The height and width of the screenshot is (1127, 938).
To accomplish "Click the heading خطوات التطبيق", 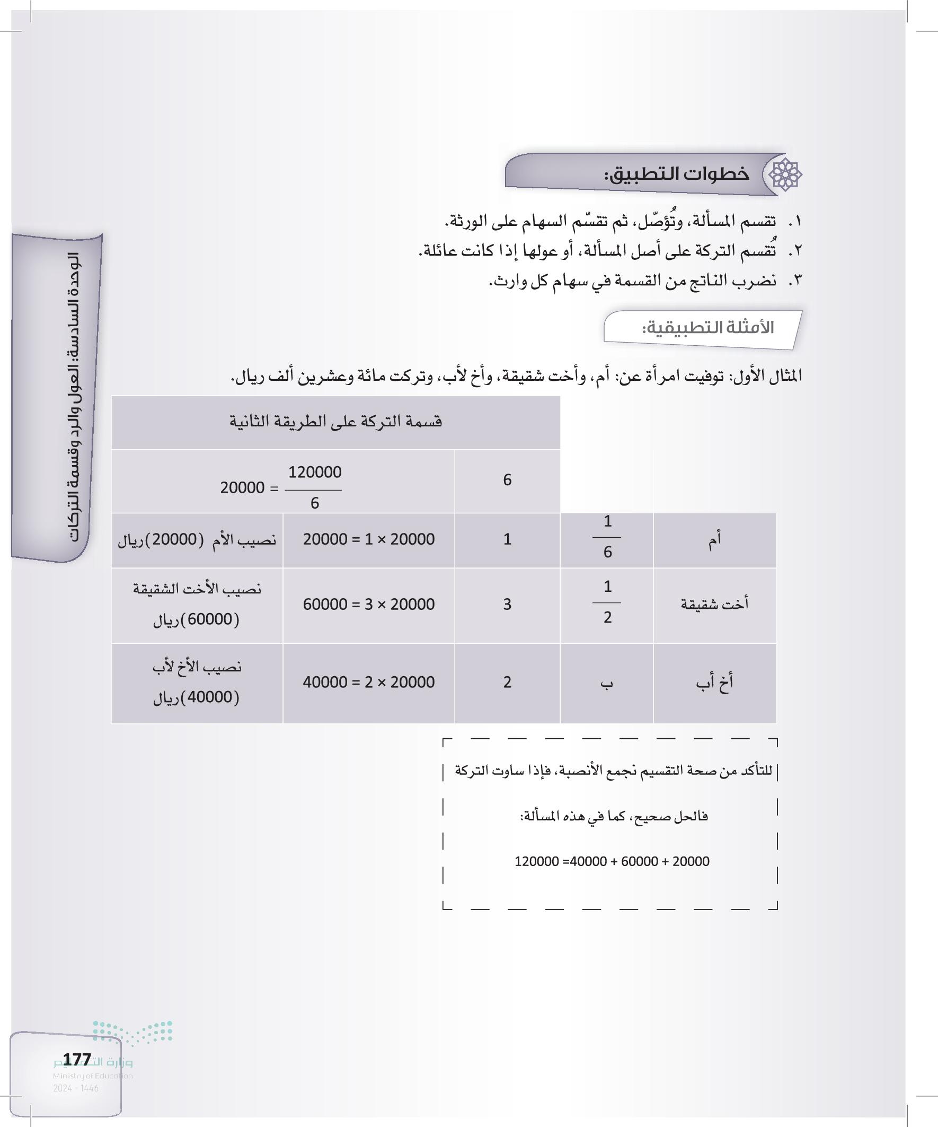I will coord(677,174).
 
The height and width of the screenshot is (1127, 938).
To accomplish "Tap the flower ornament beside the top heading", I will coord(785,174).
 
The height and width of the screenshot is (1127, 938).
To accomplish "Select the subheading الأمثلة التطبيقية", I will coord(708,327).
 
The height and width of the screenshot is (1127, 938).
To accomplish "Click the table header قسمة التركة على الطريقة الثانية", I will coord(336,421).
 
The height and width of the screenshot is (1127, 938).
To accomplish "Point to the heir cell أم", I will coord(714,539).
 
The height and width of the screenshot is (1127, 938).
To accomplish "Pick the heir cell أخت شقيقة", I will coord(714,604).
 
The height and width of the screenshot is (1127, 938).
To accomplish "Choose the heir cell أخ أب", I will coord(714,682).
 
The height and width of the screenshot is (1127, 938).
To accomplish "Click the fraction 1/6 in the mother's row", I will coord(607,537).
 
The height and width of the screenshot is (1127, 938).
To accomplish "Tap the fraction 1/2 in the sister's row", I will coord(607,602).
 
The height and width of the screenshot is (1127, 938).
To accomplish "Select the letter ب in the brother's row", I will coord(607,683).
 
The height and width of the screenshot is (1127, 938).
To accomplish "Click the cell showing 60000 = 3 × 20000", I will coord(369,604).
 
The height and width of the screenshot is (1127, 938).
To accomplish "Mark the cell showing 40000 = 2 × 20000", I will coord(369,682).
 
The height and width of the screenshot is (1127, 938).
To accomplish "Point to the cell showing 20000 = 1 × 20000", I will coord(369,539).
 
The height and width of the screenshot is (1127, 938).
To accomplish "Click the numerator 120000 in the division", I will coord(315,472).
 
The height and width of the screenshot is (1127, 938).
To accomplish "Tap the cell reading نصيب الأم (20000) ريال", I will coord(197,539).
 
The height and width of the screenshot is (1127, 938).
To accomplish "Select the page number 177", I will coord(77,1059).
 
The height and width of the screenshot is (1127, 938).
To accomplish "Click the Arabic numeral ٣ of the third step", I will coord(796,280).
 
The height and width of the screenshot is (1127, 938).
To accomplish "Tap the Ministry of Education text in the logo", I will coord(92,1076).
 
